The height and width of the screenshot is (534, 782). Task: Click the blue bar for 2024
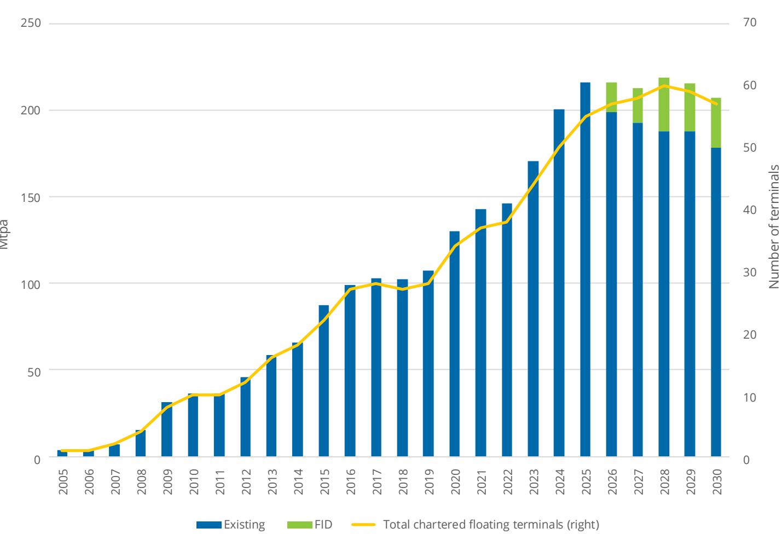click(x=559, y=283)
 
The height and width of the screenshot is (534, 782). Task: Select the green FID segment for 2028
click(x=664, y=105)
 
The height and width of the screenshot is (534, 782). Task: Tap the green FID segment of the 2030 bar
click(x=716, y=123)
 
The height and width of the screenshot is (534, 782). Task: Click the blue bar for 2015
click(x=323, y=381)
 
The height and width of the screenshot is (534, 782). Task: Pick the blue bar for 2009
click(x=166, y=429)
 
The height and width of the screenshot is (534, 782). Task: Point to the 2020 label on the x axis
click(x=455, y=482)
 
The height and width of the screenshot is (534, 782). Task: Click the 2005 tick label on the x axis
click(x=63, y=482)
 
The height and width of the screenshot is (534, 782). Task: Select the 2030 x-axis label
click(x=717, y=482)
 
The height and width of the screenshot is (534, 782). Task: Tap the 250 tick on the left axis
click(x=31, y=23)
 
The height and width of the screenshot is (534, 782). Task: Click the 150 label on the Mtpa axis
click(x=31, y=198)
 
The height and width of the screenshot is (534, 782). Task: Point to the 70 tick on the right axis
click(x=750, y=22)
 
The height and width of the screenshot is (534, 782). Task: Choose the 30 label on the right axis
click(x=750, y=272)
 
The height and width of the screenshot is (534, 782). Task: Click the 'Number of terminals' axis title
click(x=774, y=227)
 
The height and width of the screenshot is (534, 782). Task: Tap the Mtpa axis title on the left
click(x=4, y=234)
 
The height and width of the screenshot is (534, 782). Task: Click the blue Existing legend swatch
click(x=208, y=525)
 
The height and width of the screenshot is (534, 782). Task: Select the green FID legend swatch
click(x=299, y=525)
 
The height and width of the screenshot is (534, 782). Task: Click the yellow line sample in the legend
click(x=363, y=524)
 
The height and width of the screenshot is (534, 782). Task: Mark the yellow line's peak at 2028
click(x=664, y=85)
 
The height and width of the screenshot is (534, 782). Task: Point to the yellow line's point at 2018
click(x=403, y=289)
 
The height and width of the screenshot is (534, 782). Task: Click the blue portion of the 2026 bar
click(x=611, y=284)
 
